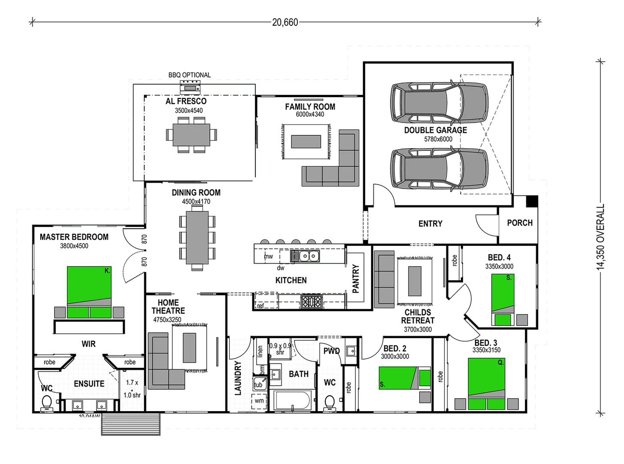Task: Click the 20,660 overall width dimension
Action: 285,22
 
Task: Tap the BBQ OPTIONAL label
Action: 189,75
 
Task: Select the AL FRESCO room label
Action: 186,101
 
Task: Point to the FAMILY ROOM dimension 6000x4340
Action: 310,114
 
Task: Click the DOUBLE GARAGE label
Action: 435,130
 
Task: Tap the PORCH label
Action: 519,223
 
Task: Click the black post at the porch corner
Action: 532,201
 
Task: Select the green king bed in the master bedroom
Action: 89,292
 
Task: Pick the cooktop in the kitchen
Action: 311,302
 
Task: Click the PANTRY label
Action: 356,279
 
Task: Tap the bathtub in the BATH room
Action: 292,401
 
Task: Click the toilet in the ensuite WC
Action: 46,403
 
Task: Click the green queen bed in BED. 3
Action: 486,383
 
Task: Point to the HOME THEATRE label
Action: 168,307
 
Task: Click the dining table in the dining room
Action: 197,237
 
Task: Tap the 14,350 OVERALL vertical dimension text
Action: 600,237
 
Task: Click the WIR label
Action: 88,344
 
